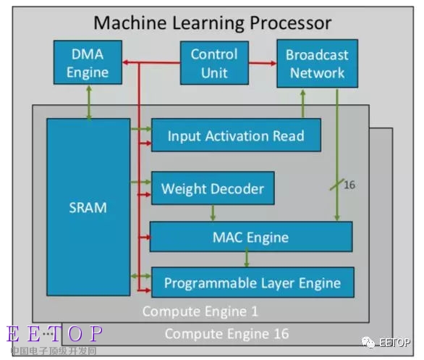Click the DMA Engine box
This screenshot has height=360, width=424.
point(88,62)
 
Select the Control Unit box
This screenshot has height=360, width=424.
point(214,63)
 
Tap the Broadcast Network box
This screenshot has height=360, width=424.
point(318,64)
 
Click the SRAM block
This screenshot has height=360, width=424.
point(88,207)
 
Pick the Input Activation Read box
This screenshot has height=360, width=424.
point(236,135)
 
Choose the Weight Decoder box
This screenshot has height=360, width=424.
point(213,188)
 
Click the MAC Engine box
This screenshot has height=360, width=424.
point(251,237)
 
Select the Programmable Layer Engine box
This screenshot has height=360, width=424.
point(253,282)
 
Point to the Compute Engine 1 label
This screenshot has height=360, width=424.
point(200,311)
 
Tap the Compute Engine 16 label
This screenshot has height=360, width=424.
point(227,333)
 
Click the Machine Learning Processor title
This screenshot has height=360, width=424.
point(213,22)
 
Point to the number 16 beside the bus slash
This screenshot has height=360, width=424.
point(349,185)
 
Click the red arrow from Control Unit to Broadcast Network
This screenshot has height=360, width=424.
point(263,63)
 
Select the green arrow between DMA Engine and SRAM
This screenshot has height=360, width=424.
point(89,102)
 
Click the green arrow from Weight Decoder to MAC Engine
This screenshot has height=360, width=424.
point(213,213)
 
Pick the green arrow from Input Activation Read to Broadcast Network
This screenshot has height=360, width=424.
point(303,104)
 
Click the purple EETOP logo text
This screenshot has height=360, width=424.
point(55,333)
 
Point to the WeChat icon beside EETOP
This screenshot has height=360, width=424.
point(369,343)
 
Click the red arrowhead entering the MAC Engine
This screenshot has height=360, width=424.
point(148,237)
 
